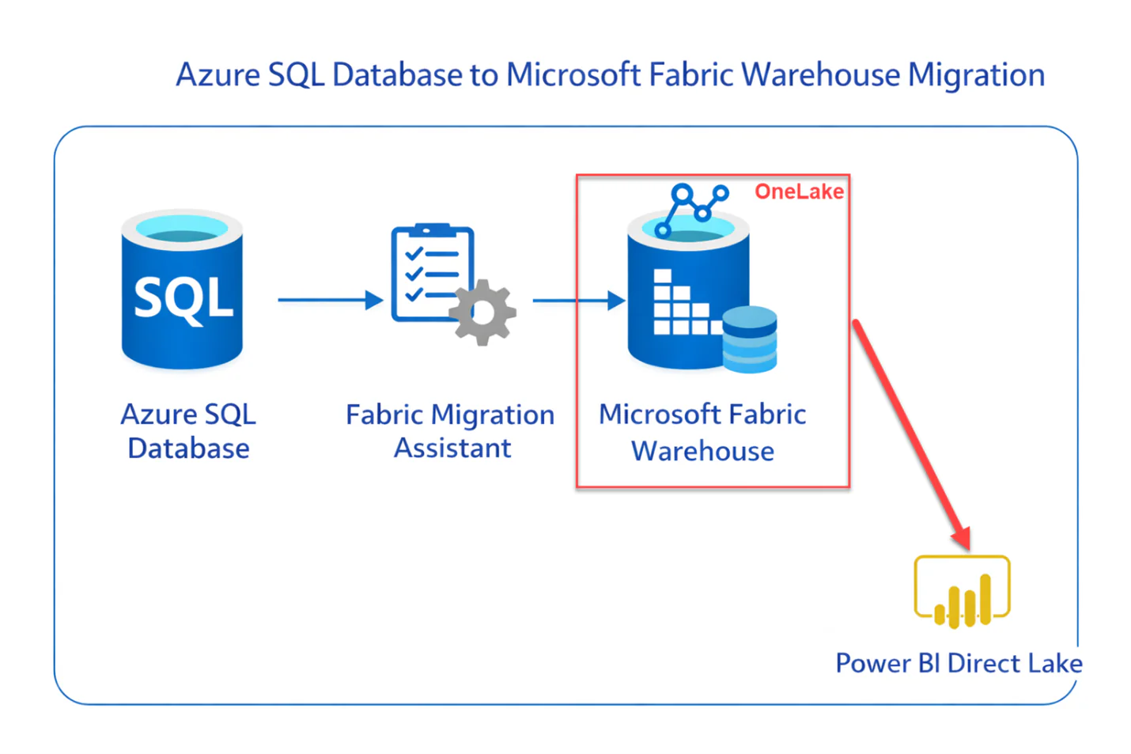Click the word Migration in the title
click(x=976, y=75)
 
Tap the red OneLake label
click(x=799, y=191)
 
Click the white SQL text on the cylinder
click(x=183, y=299)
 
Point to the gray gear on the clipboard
click(x=482, y=313)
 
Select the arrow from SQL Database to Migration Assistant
click(x=329, y=300)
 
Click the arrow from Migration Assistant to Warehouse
click(x=577, y=301)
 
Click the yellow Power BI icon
click(x=962, y=592)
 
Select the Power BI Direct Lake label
click(x=959, y=663)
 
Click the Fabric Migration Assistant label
click(x=451, y=431)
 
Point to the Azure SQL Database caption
click(x=188, y=431)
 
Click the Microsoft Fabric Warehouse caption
click(x=702, y=432)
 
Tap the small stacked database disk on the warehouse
click(x=750, y=339)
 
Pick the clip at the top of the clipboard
click(x=432, y=230)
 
